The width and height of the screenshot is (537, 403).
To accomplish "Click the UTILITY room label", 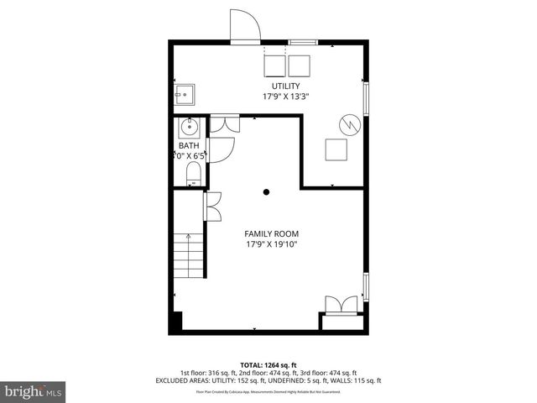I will [284, 86].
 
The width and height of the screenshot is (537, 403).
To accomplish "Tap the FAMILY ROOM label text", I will [271, 233].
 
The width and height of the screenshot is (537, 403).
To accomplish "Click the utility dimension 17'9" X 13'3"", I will [284, 97].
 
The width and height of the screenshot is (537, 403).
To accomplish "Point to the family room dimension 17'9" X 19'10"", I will [271, 244].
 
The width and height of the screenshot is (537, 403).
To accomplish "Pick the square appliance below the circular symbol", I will [337, 149].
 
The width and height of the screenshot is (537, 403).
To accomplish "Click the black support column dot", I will [266, 192].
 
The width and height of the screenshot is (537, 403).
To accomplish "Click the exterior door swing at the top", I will [246, 25].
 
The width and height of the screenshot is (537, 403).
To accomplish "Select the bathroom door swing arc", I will [220, 149].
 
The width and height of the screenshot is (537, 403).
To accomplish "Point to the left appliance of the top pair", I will [274, 65].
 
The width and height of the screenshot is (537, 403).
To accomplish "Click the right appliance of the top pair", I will [300, 65].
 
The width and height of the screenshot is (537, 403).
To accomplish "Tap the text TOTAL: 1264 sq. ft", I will [268, 364].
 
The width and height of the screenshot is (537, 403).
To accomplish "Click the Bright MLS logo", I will [34, 391].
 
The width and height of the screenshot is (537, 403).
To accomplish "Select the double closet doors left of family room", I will [211, 206].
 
